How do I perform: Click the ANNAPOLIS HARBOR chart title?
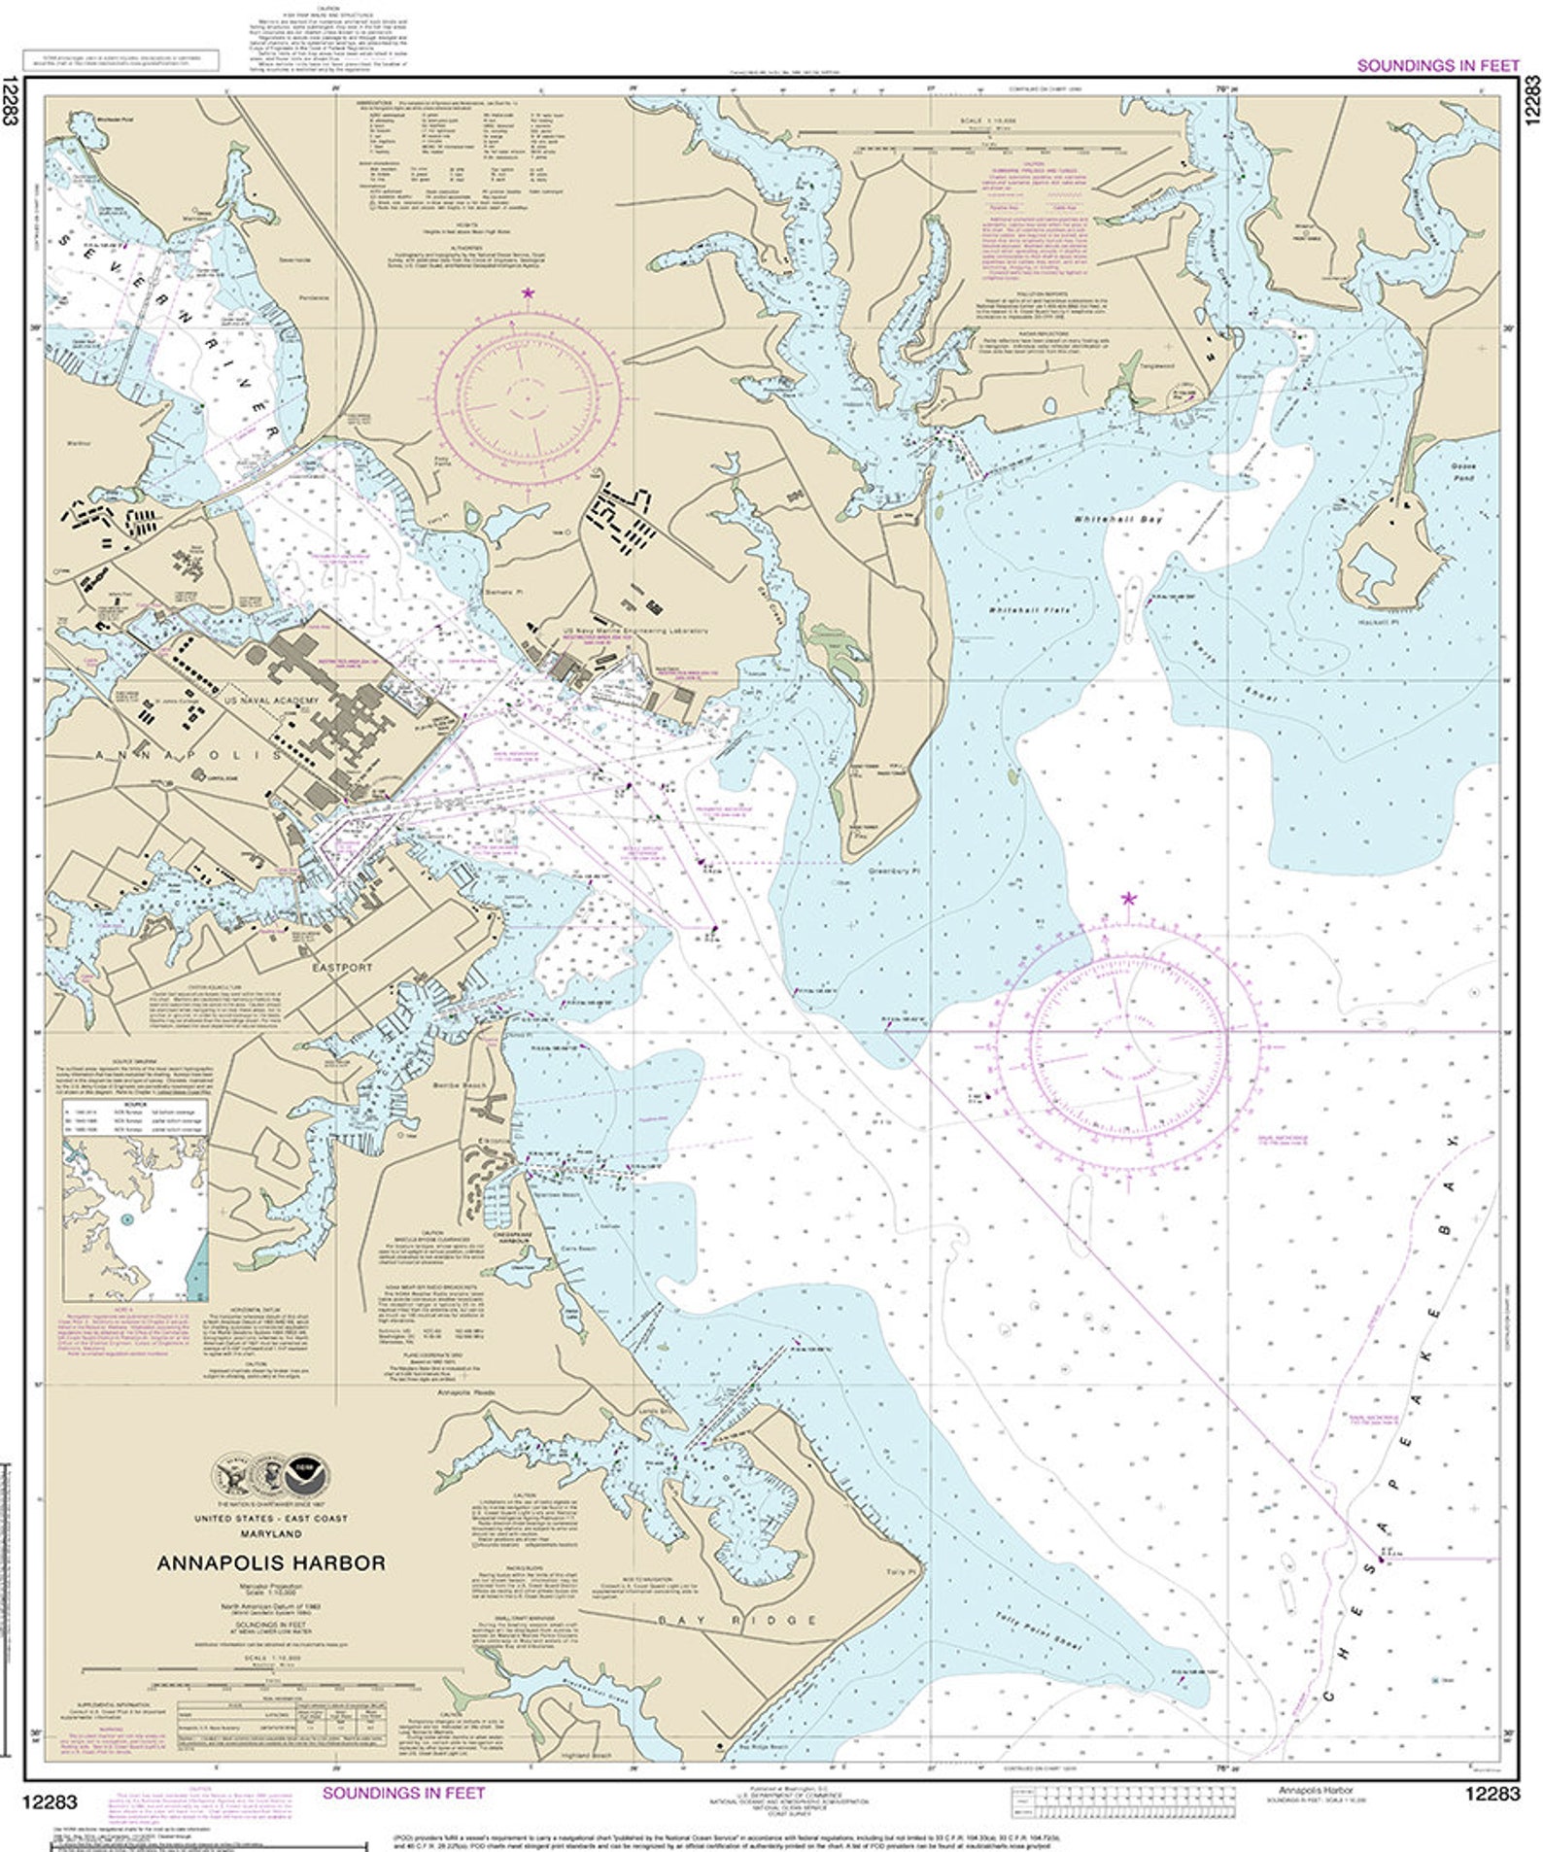coord(271,1563)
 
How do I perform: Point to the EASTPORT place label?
coord(342,968)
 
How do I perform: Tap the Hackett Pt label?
coord(1378,622)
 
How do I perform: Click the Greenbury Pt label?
coord(893,872)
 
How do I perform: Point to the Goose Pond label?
coord(1462,472)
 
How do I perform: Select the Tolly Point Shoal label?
coord(1038,1631)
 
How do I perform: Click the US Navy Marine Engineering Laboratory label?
coord(636,631)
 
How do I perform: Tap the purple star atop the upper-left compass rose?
coord(528,292)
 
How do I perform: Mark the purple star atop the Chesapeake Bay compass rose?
coord(1128,898)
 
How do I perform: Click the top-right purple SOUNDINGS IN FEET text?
coord(1437,65)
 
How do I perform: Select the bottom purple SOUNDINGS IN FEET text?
coord(403,1793)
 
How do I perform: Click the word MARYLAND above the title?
coord(271,1533)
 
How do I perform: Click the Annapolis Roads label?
coord(466,1392)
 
